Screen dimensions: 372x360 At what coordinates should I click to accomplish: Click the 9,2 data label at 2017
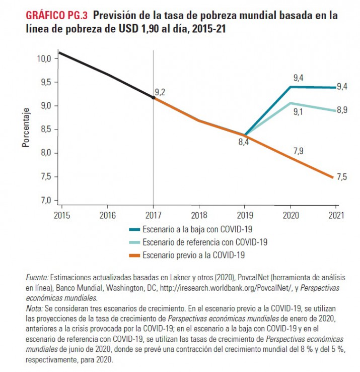point(160,92)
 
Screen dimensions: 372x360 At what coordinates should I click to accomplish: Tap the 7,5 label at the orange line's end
point(342,176)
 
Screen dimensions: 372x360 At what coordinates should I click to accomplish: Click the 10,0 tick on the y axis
point(44,58)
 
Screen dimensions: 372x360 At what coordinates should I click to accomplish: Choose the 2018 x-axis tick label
point(199,215)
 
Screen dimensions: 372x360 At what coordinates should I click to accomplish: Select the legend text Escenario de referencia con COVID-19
point(205,242)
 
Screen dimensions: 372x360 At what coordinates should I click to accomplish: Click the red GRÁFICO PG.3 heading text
point(56,16)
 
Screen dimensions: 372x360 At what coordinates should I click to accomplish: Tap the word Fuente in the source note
point(36,278)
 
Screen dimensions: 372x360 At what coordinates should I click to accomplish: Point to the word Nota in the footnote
point(33,306)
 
